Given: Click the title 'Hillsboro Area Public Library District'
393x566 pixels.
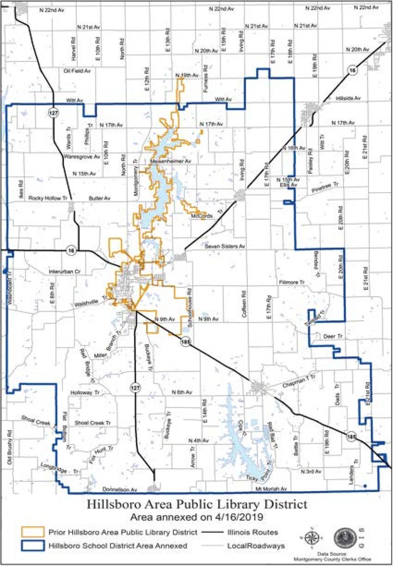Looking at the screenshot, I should [197, 504].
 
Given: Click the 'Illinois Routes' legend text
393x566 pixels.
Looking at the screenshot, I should [253, 532].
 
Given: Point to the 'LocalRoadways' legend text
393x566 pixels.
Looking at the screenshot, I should [256, 546].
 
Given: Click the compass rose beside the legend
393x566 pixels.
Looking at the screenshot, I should [312, 538].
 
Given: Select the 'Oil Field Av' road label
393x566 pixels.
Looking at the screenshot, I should [77, 71].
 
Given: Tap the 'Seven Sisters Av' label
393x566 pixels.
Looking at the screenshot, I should [225, 246].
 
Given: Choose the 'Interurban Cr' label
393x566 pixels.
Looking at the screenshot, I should [65, 271].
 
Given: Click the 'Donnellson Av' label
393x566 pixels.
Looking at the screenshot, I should [119, 489].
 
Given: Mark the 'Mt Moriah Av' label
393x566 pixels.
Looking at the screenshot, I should [271, 489].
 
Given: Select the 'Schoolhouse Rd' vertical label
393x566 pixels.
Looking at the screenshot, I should [190, 308].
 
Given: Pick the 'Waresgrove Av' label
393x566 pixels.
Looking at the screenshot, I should [82, 156].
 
